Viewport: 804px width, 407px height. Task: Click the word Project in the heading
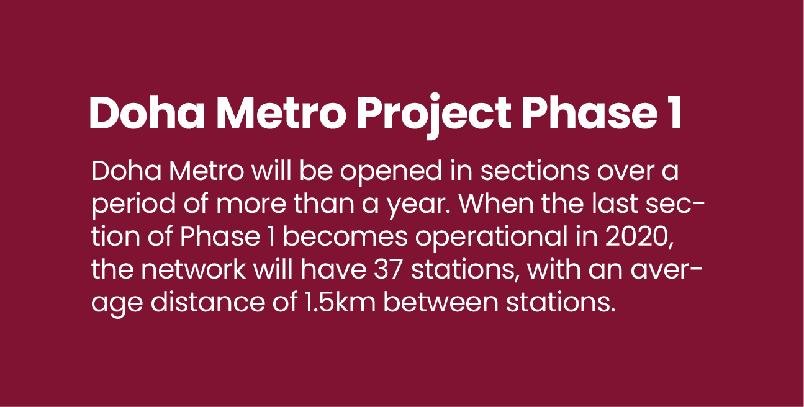pos(433,113)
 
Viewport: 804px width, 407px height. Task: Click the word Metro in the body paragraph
pos(206,171)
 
